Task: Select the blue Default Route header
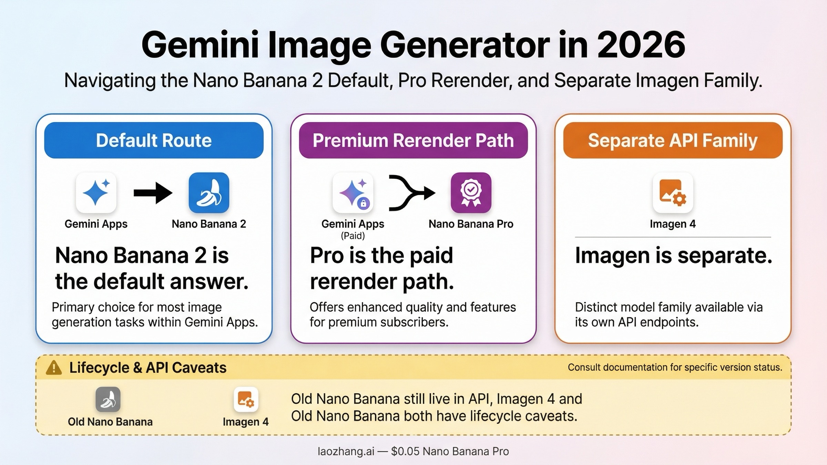tap(154, 140)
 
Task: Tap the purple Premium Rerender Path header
tap(413, 140)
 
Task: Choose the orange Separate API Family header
tap(673, 140)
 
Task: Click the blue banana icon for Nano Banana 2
tap(209, 193)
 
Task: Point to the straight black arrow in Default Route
tap(153, 193)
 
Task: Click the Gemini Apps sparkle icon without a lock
tap(96, 193)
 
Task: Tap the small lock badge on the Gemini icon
tap(363, 204)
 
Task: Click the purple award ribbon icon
tap(471, 193)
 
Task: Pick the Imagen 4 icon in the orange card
tap(673, 193)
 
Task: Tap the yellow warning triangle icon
tap(54, 368)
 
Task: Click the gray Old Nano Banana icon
tap(108, 399)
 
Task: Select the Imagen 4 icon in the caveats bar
tap(246, 399)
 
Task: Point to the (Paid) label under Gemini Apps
tap(353, 236)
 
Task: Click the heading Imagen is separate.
tap(673, 256)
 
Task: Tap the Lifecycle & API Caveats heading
tap(148, 368)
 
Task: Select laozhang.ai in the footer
tap(346, 451)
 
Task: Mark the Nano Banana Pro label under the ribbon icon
tap(471, 224)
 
